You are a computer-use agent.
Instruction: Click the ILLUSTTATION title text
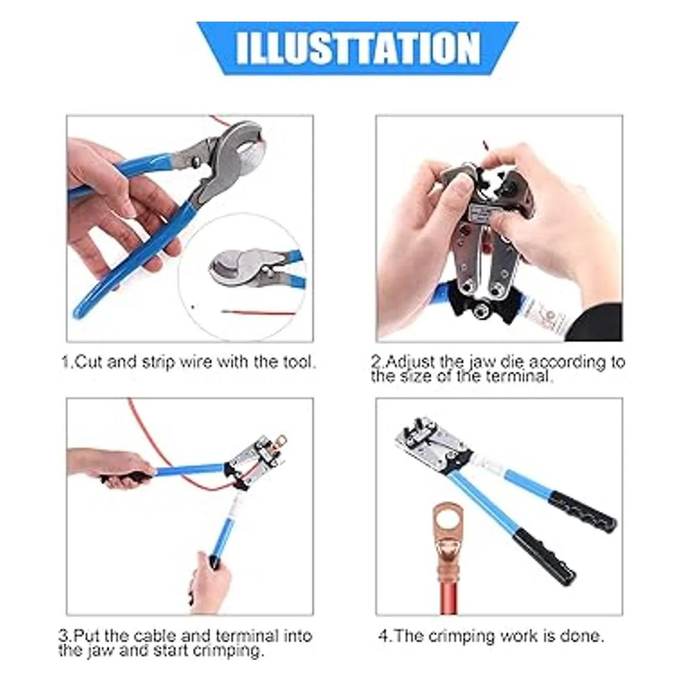coord(357,48)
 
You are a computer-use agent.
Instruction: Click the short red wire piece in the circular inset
coord(258,313)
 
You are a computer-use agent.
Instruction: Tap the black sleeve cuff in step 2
coord(594,323)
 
